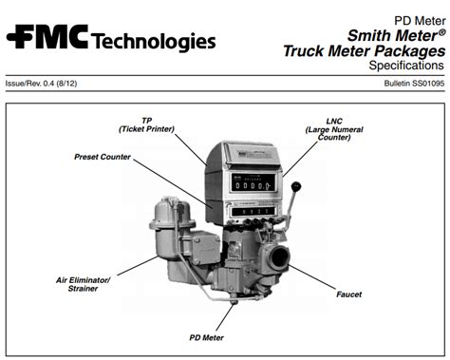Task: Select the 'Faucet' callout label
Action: (x=348, y=294)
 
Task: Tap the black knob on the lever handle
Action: (x=296, y=187)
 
